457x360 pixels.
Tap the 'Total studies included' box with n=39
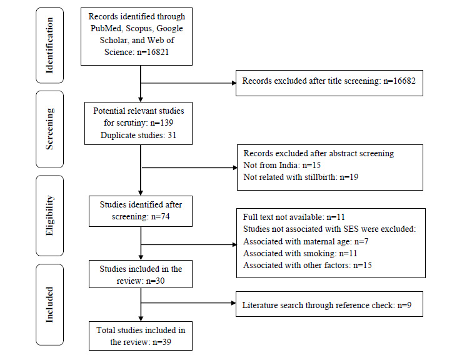(x=141, y=334)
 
